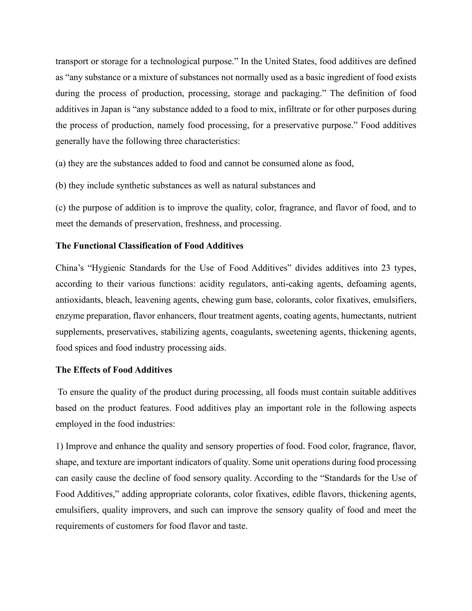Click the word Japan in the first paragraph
111,109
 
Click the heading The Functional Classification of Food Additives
149,246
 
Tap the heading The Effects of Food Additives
114,370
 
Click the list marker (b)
61,185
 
